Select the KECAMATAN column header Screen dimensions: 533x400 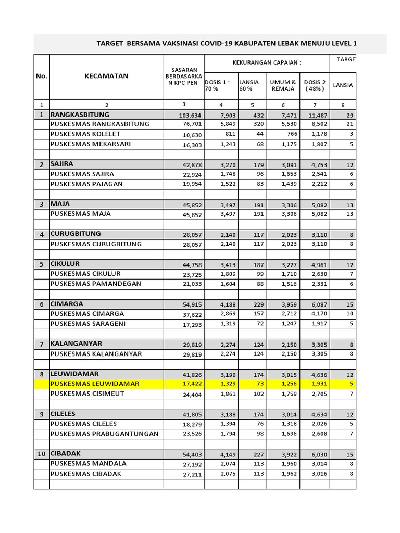106,76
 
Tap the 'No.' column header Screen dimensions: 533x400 42,76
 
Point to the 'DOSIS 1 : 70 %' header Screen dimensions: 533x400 220,85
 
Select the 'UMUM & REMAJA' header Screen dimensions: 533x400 283,85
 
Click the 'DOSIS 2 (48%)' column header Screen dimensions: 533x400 315,85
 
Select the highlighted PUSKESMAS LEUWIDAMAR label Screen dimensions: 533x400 95,384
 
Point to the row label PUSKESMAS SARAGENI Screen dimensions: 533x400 87,324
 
